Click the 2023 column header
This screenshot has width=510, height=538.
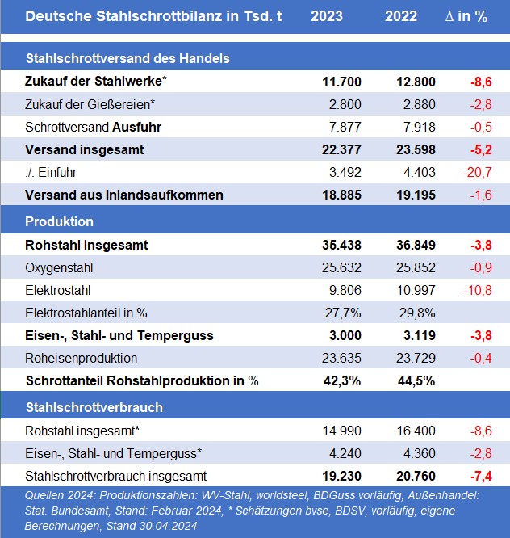click(327, 16)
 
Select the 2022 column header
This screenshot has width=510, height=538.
click(401, 16)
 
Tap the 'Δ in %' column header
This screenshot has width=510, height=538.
click(466, 16)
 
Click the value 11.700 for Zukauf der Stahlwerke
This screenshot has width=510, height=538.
click(341, 82)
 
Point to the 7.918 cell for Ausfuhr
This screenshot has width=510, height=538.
click(419, 127)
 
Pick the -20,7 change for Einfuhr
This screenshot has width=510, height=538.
click(478, 172)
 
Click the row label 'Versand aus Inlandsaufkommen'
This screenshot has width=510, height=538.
click(124, 195)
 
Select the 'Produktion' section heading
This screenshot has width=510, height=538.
click(59, 221)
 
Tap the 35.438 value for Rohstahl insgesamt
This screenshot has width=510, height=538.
click(341, 245)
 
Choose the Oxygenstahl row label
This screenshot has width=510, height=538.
click(59, 268)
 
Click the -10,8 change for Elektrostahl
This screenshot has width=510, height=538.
click(478, 290)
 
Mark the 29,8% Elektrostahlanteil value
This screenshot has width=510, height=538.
click(417, 313)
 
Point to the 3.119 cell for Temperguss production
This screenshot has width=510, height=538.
click(419, 335)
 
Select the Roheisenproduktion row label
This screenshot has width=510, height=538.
click(82, 358)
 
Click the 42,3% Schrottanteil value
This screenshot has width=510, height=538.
click(342, 380)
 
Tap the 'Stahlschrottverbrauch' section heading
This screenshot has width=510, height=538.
click(94, 407)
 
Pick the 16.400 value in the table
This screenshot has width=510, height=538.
click(416, 431)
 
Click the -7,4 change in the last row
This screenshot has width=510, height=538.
click(481, 477)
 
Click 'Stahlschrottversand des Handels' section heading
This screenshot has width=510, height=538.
click(127, 58)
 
